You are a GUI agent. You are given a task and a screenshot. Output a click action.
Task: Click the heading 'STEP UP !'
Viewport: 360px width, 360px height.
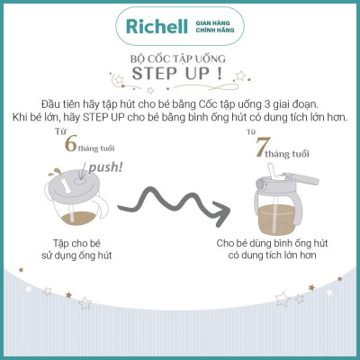point(180,76)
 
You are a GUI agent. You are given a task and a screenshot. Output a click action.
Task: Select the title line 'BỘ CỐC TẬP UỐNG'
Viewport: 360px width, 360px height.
point(179,58)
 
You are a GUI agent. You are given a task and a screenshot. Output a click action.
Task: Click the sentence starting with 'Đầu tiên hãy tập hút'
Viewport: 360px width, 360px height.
point(179,103)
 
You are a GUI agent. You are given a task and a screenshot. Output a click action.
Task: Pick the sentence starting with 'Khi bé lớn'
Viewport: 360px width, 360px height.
point(179,118)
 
